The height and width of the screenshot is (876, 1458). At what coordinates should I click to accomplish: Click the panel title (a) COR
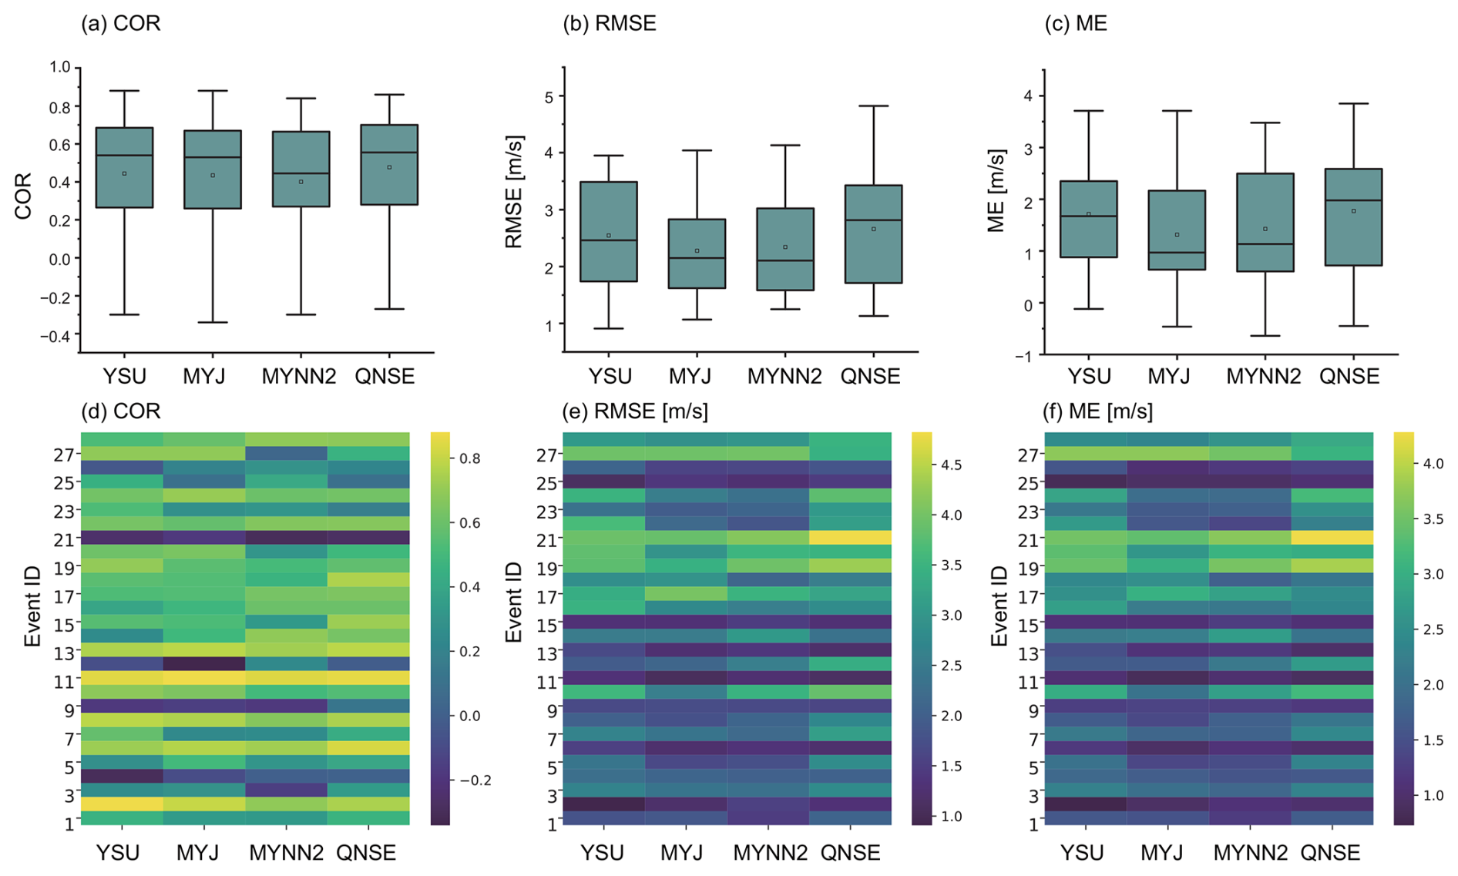[x=121, y=23]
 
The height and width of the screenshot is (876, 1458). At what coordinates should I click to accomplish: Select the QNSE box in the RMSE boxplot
[x=873, y=233]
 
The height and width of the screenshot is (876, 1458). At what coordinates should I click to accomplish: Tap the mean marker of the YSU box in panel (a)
[x=125, y=173]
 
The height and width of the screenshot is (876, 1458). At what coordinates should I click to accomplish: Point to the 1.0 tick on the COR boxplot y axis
[x=60, y=67]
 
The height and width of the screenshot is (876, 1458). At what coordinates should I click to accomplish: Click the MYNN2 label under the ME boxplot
[x=1263, y=376]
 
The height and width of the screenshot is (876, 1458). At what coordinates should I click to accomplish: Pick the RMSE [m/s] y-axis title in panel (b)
[x=514, y=193]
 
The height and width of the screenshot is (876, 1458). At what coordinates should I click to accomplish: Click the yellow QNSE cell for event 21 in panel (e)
[x=850, y=537]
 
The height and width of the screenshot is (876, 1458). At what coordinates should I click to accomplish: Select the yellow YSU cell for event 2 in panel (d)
[x=122, y=804]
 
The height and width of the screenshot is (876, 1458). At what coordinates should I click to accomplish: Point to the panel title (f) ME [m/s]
[x=1097, y=411]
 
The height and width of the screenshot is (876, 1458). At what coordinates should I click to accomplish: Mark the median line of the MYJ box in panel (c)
[x=1177, y=252]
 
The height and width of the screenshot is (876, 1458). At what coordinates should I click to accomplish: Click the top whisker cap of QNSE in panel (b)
[x=873, y=106]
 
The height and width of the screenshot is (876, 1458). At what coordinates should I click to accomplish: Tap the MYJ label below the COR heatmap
[x=198, y=853]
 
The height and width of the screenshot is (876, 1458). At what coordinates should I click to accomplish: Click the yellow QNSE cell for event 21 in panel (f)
[x=1332, y=537]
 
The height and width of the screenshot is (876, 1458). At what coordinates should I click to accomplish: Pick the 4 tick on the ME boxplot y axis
[x=1029, y=96]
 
